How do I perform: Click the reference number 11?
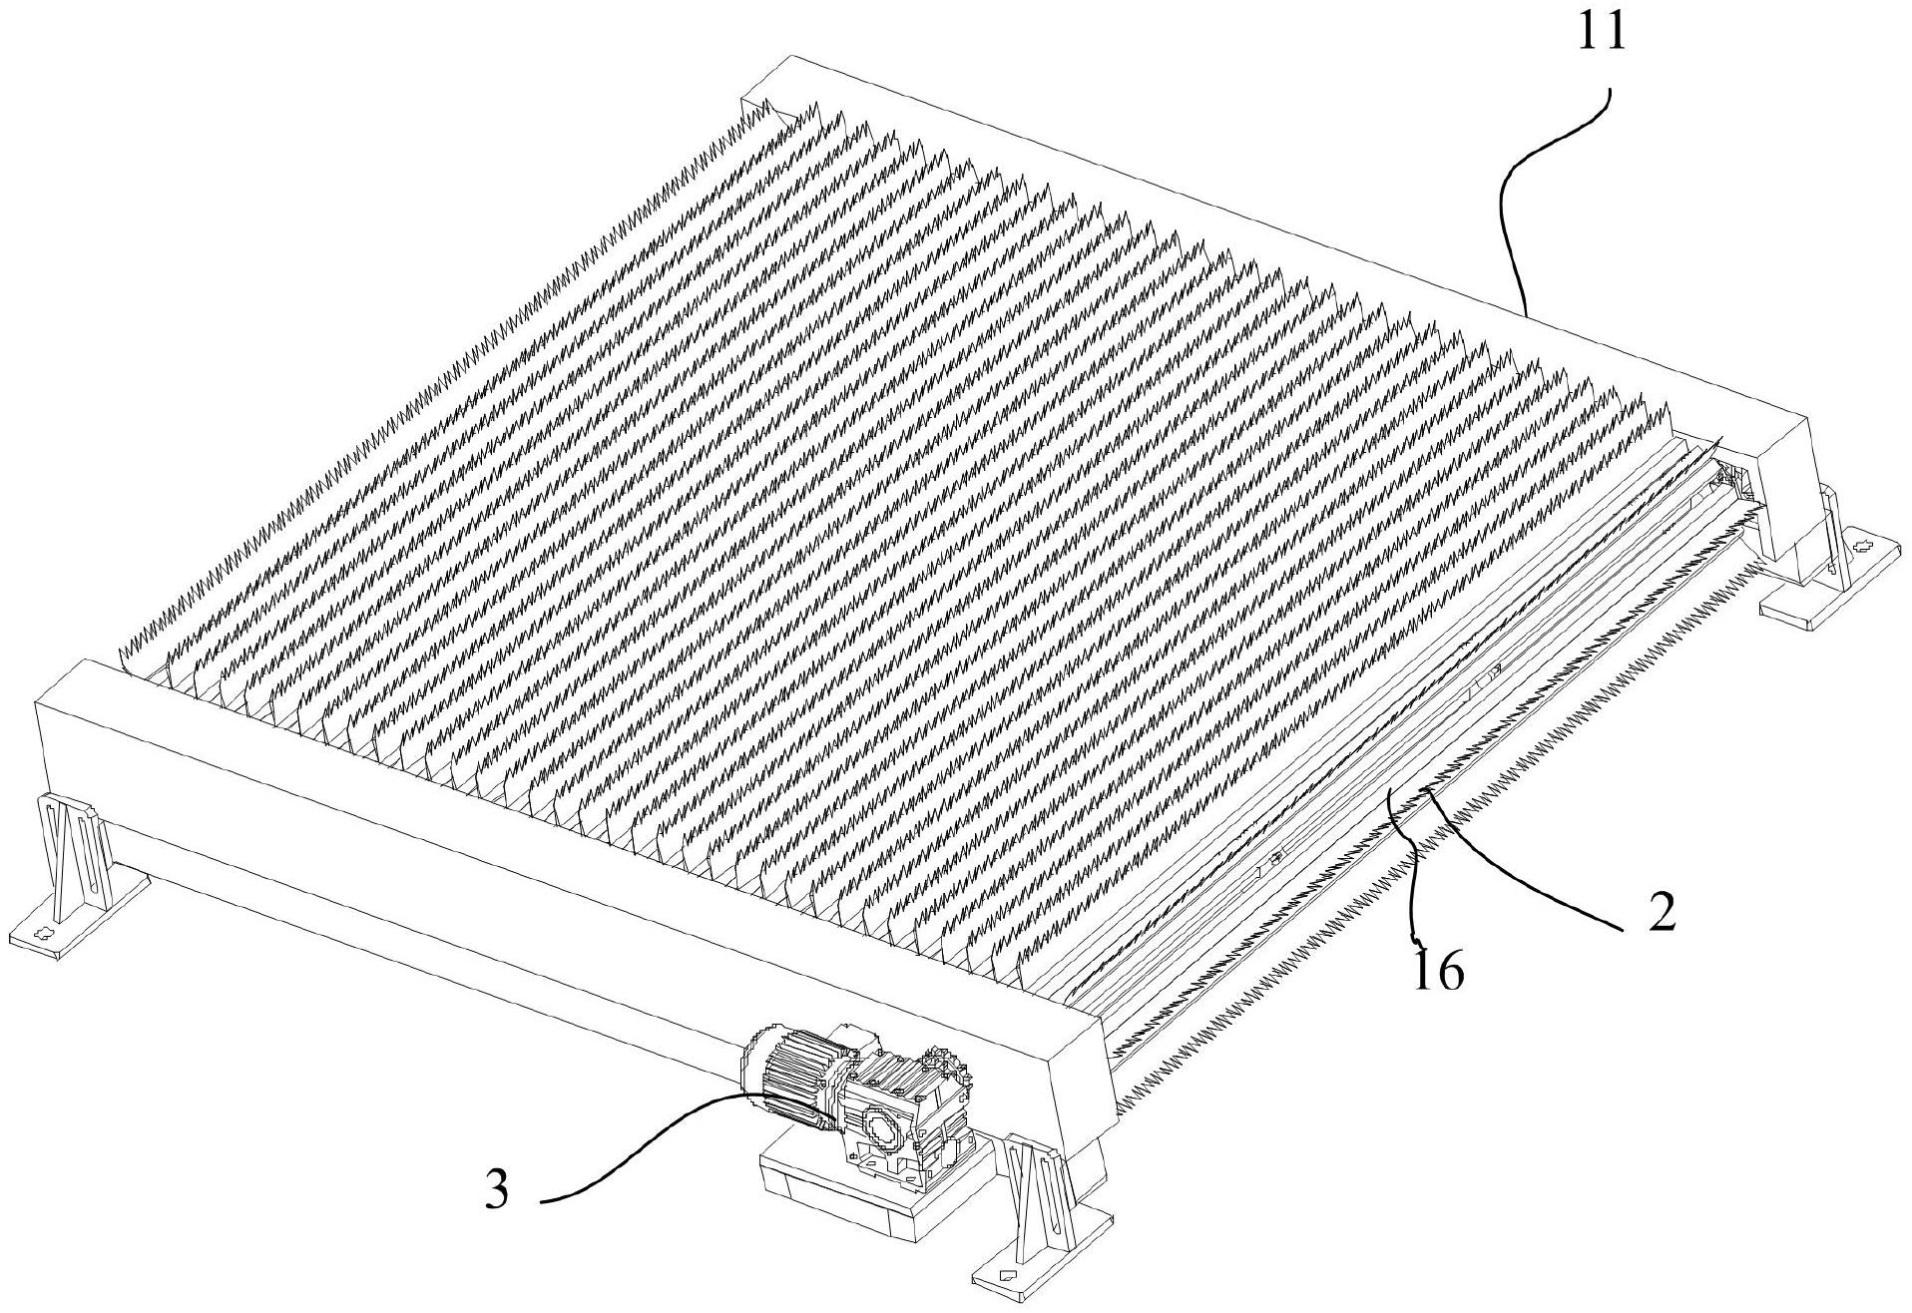(x=1601, y=33)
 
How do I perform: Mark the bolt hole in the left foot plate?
(x=41, y=935)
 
